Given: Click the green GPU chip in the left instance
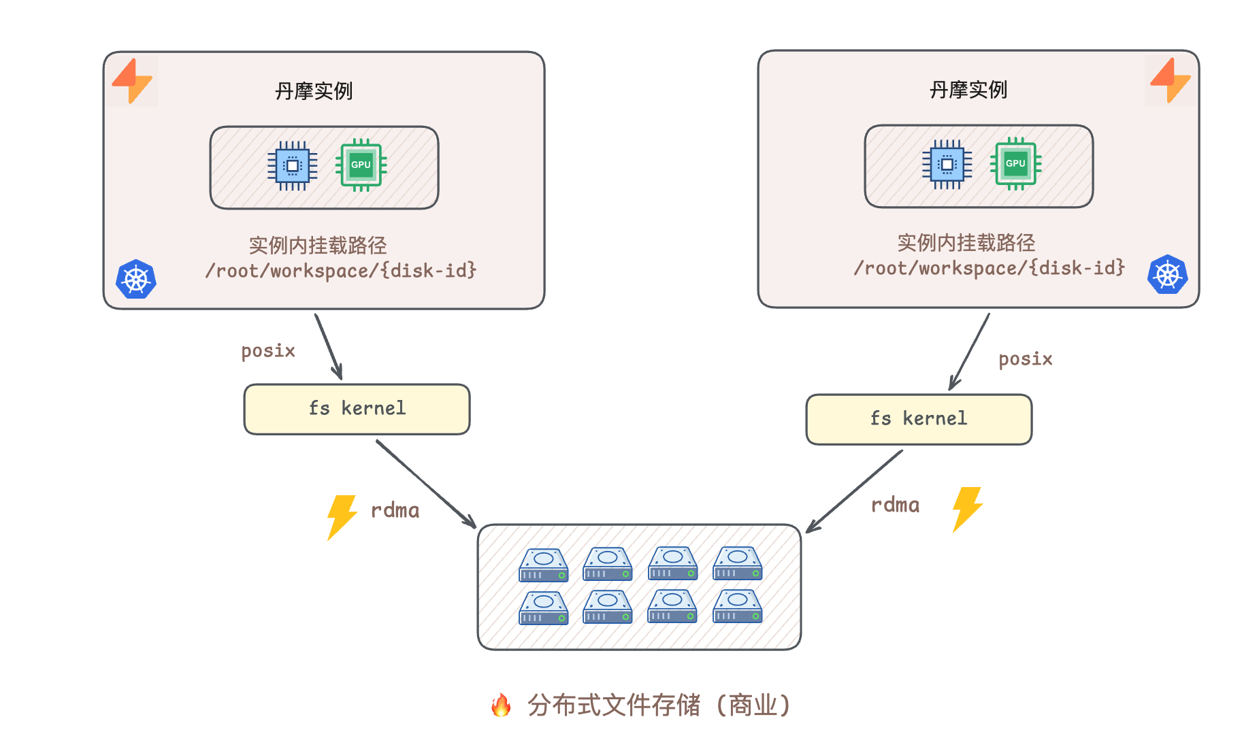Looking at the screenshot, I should coord(361,165).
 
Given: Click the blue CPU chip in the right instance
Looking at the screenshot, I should coord(947,164).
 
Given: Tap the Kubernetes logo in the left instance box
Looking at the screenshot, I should coord(136,279).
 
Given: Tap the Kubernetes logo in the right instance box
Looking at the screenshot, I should coord(1167,275).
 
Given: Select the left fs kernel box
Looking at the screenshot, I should coord(357,409).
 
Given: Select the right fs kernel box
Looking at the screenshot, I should coord(919,419).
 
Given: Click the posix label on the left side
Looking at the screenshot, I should coord(268,351).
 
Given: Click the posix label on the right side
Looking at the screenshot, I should coord(1025,359).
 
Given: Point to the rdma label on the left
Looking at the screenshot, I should coord(395,510).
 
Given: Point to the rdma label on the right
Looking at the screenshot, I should coord(895,505).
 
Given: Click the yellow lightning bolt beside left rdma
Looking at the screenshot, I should coord(342,517).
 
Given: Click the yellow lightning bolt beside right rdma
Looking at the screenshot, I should coord(967,509).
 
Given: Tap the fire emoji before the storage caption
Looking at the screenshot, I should coord(501,705).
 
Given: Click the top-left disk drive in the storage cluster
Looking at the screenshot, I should coord(543,565).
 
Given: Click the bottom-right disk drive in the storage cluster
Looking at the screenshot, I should coord(737,607).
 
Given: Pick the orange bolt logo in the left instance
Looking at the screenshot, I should coord(132,81).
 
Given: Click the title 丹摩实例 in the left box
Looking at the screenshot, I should coord(314,91).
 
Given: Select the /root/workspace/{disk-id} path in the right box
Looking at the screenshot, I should coord(989,268).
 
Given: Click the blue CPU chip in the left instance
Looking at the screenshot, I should coord(292,166).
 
